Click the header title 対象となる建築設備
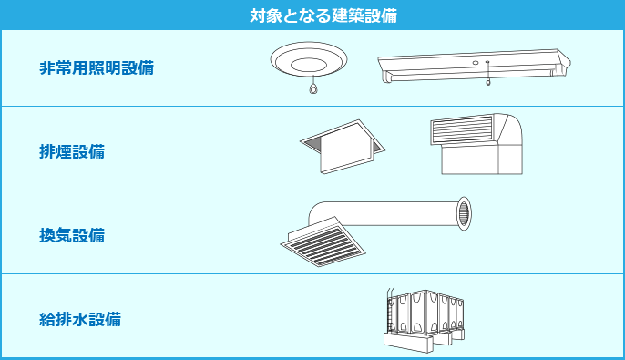[323, 15]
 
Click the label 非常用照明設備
[97, 67]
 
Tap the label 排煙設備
[72, 151]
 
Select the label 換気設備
[72, 235]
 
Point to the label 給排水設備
[80, 319]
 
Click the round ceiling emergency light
[309, 60]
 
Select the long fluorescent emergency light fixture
[474, 67]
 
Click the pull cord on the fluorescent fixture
[487, 73]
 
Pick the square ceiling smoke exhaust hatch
[343, 147]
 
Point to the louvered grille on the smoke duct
[462, 129]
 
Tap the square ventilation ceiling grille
[323, 242]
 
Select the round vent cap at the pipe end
[464, 213]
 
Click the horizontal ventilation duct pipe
[383, 213]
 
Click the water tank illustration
[424, 320]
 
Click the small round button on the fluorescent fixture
[476, 63]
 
